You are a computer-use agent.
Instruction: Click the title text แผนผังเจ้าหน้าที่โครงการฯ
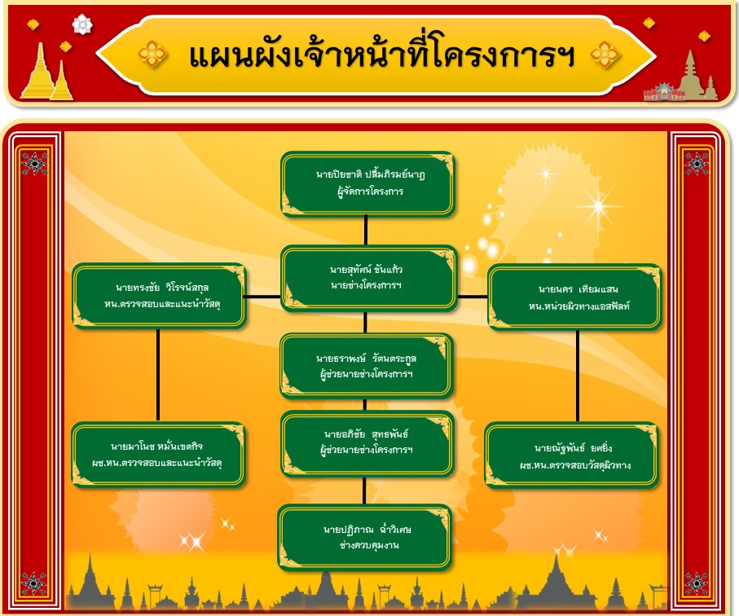[382, 55]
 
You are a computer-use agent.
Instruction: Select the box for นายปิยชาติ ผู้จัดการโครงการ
[367, 183]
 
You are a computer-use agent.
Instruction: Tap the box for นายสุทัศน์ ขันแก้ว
[368, 278]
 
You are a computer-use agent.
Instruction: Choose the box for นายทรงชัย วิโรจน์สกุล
[159, 296]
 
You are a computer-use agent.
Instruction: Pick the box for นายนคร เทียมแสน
[574, 297]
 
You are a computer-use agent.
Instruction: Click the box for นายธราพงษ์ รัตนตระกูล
[367, 366]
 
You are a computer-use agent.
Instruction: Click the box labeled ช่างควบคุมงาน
[365, 537]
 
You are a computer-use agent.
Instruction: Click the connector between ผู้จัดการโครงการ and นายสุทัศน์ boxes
[366, 231]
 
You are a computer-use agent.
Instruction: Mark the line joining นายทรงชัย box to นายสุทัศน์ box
[263, 297]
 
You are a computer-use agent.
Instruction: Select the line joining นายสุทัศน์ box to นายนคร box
[473, 297]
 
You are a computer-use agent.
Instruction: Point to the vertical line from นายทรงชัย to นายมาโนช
[158, 375]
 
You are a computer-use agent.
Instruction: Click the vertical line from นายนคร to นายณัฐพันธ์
[578, 376]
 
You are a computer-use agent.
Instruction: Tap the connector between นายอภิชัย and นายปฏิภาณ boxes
[364, 491]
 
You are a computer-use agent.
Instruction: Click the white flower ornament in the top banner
[82, 24]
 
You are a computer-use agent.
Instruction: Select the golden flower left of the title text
[152, 55]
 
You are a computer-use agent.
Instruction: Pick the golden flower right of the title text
[605, 55]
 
